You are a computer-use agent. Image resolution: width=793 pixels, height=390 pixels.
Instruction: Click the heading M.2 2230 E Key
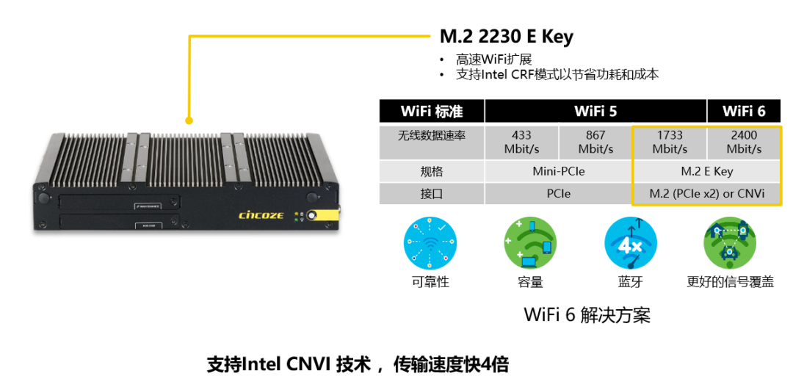pyautogui.click(x=506, y=37)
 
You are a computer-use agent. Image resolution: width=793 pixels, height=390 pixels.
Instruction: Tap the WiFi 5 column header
pyautogui.click(x=595, y=111)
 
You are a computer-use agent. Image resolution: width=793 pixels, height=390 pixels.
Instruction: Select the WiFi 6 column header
pyautogui.click(x=744, y=111)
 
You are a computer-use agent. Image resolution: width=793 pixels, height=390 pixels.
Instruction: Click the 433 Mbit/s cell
pyautogui.click(x=521, y=142)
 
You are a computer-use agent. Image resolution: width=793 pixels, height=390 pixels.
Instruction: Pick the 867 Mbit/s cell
pyautogui.click(x=595, y=142)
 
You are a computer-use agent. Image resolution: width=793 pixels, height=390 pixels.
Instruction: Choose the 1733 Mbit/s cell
pyautogui.click(x=670, y=142)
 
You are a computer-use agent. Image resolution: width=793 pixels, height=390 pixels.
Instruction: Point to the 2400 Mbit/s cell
pyautogui.click(x=744, y=142)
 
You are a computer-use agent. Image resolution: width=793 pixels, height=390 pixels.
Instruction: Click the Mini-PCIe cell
pyautogui.click(x=558, y=172)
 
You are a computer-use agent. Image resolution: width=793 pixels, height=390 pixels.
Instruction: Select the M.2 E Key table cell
pyautogui.click(x=706, y=172)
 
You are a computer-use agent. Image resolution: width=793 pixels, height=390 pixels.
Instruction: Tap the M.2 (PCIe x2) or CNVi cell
pyautogui.click(x=706, y=194)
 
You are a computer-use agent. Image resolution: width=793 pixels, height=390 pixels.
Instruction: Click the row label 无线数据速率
pyautogui.click(x=432, y=135)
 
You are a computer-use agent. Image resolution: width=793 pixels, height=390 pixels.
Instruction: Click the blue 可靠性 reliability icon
pyautogui.click(x=430, y=243)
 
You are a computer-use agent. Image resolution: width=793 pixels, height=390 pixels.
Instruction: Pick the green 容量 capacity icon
pyautogui.click(x=530, y=243)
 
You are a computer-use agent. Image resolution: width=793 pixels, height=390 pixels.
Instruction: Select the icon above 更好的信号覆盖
pyautogui.click(x=730, y=243)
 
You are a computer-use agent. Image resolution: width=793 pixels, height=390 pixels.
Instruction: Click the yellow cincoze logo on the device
pyautogui.click(x=260, y=215)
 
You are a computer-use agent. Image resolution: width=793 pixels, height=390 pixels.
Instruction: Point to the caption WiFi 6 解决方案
pyautogui.click(x=587, y=315)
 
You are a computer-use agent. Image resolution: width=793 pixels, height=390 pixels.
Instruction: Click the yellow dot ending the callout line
pyautogui.click(x=189, y=120)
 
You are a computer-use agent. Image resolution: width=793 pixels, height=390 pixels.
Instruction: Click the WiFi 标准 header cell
pyautogui.click(x=432, y=111)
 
